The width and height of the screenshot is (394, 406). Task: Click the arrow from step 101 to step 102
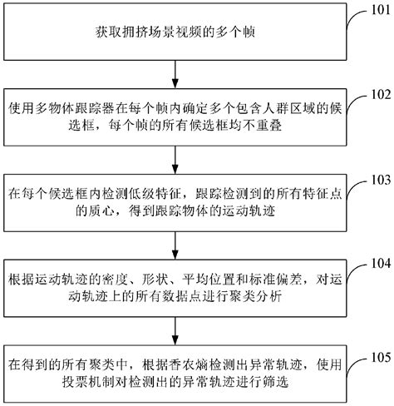177,73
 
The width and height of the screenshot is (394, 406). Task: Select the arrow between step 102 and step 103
177,157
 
